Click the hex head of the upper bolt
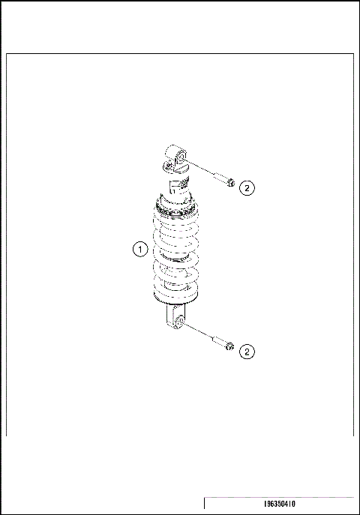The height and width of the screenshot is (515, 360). click(x=230, y=182)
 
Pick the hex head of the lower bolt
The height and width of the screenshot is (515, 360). click(x=229, y=346)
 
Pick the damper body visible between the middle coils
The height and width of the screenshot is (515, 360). click(x=177, y=259)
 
